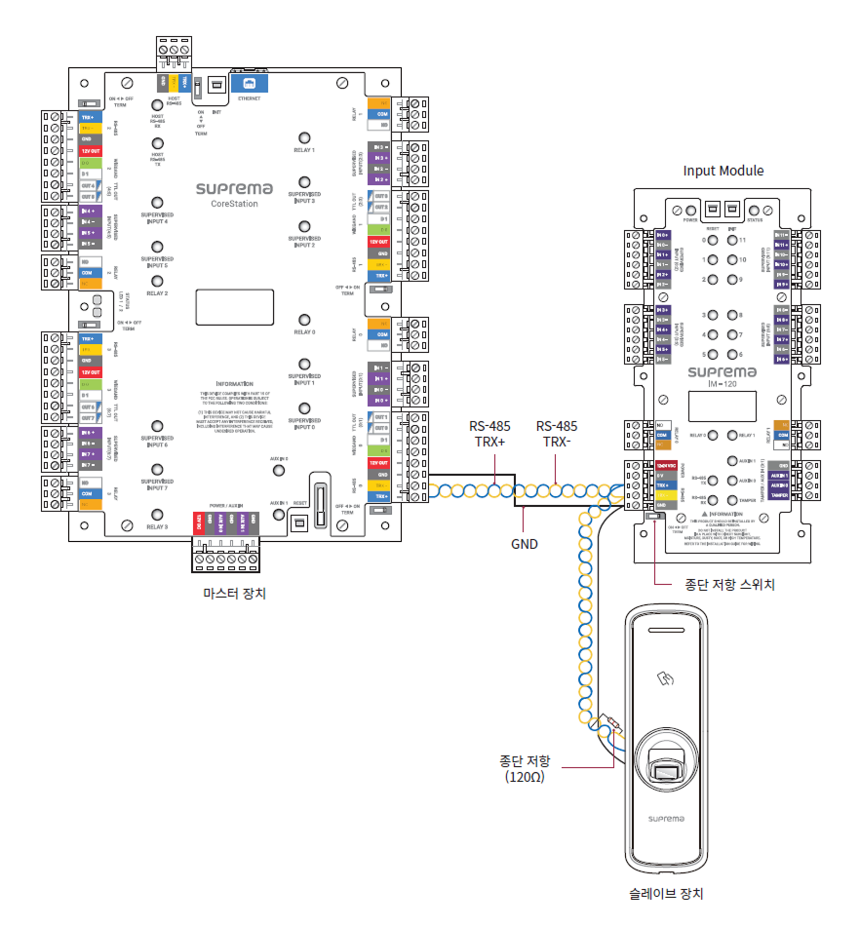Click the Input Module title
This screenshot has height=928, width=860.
(x=723, y=171)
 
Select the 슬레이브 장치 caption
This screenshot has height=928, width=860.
(x=667, y=893)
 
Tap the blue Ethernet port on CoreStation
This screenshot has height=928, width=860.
(x=249, y=85)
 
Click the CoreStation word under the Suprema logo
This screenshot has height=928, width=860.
(x=234, y=204)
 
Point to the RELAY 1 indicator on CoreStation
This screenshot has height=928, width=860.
(x=304, y=138)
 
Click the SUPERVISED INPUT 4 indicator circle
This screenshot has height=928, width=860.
(x=156, y=204)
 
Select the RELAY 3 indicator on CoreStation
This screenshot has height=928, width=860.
(x=156, y=513)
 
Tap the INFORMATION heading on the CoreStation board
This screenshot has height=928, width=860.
(x=234, y=384)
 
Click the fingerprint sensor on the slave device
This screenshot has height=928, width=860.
(x=669, y=771)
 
